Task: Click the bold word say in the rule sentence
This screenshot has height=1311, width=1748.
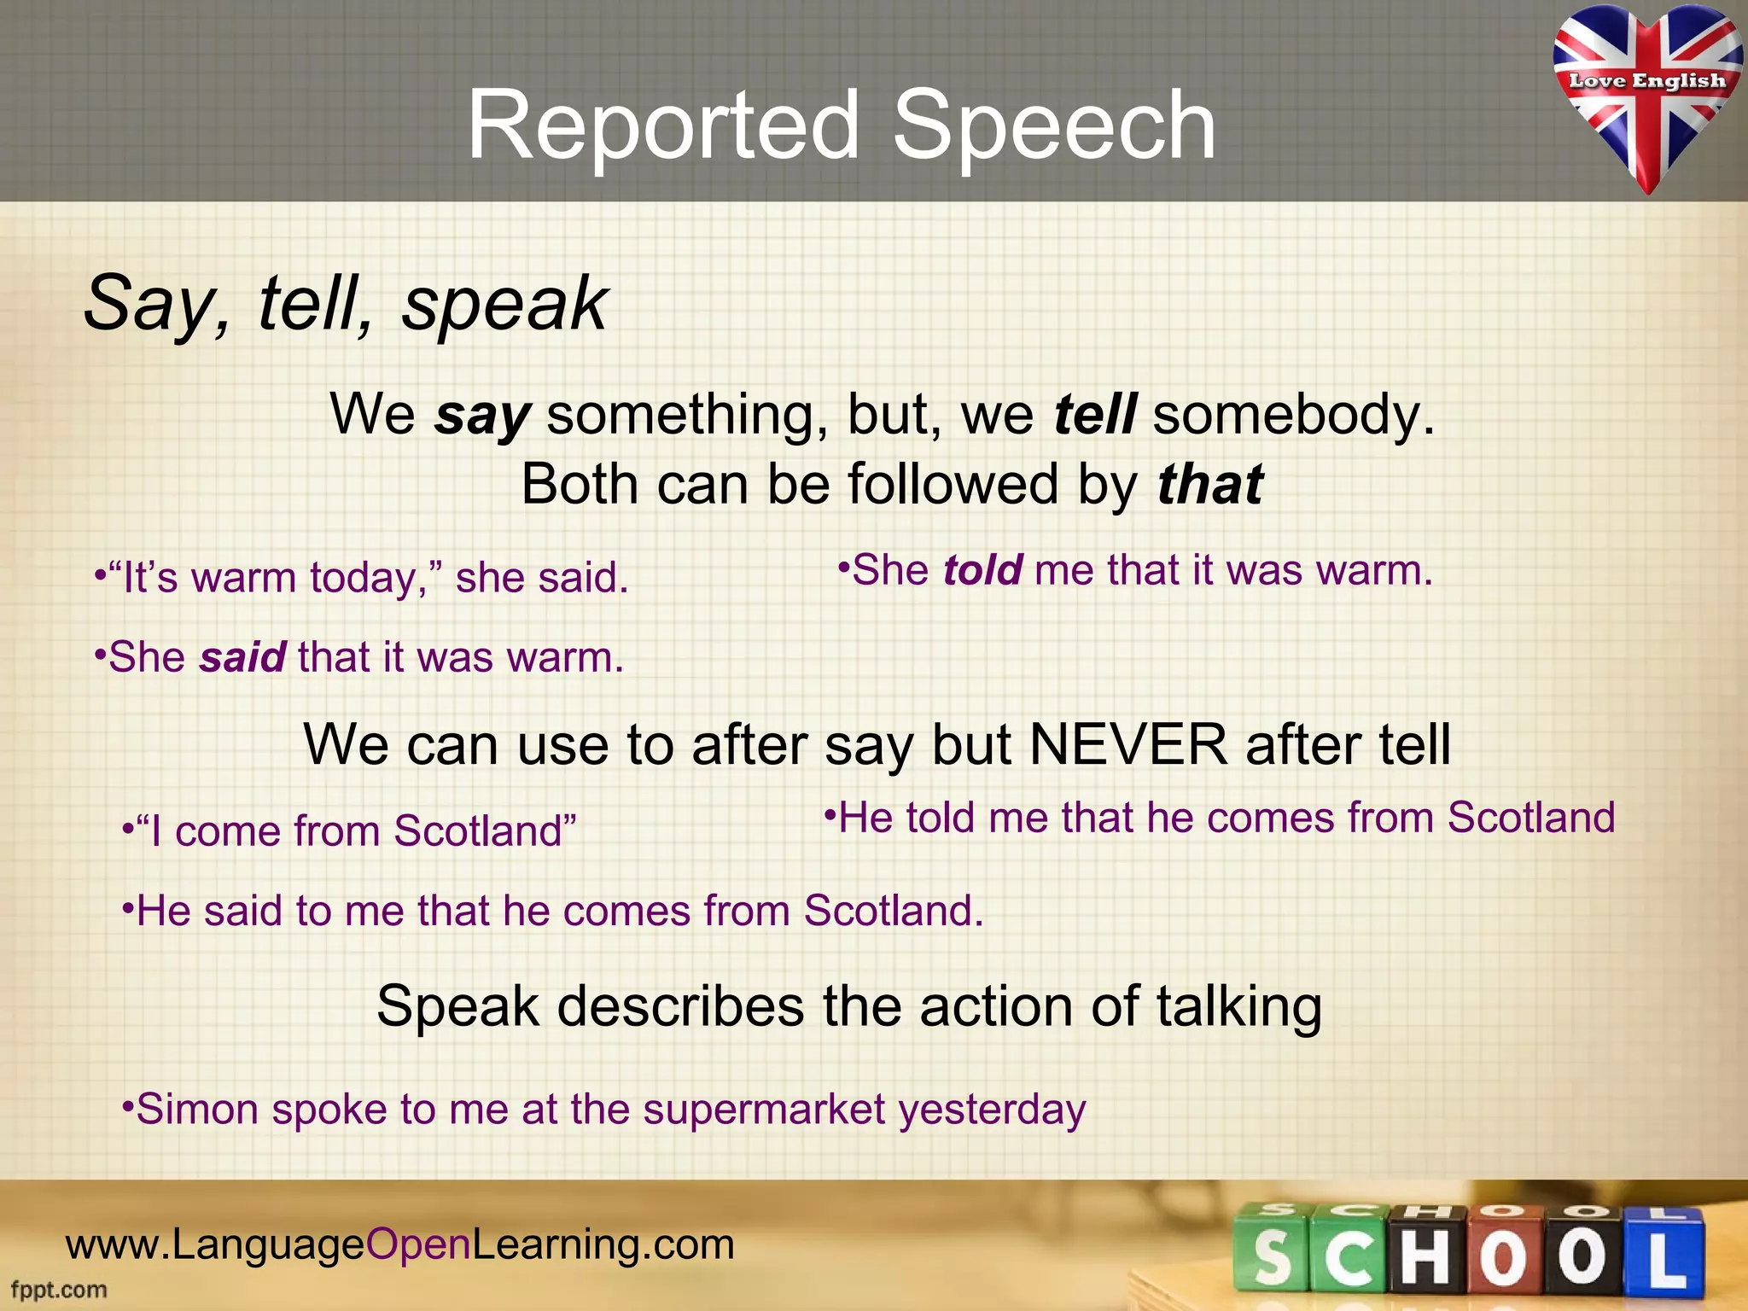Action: point(483,416)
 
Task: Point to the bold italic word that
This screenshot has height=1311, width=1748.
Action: point(1209,485)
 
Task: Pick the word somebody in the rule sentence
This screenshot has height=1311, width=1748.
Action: point(1293,415)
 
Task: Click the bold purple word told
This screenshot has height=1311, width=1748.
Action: point(982,570)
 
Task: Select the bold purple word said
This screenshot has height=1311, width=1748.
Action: point(242,658)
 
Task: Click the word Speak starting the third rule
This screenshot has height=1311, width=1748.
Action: point(457,1006)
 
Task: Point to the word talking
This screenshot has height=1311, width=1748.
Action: point(1239,1006)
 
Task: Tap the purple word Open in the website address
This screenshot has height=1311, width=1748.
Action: point(418,1244)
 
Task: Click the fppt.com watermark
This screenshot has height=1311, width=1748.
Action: point(59,1290)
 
